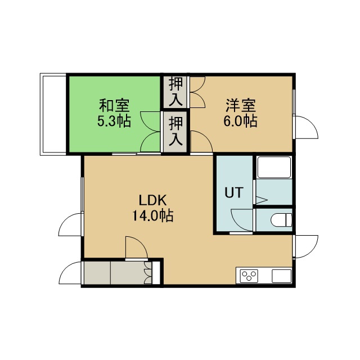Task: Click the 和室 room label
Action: [x=114, y=105]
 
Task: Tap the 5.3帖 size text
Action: [x=114, y=121]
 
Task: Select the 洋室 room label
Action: [x=241, y=105]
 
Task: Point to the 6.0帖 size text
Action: [x=240, y=121]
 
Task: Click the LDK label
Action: [x=152, y=200]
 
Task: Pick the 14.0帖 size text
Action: [x=152, y=215]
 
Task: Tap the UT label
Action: [x=234, y=192]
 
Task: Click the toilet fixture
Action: [x=281, y=220]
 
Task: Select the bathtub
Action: [x=274, y=167]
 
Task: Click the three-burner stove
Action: [x=249, y=276]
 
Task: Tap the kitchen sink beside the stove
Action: [x=282, y=276]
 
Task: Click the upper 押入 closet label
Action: [x=175, y=92]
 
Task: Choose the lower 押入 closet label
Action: [x=175, y=131]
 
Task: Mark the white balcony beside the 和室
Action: [x=53, y=114]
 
